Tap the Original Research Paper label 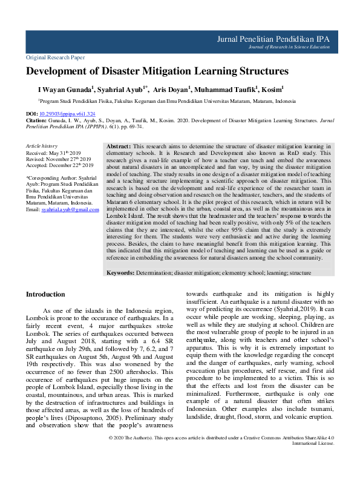pos(55,57)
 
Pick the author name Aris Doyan pos(172,89)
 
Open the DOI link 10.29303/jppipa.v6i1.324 pos(67,114)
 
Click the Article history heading pos(41,146)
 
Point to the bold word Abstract pos(118,147)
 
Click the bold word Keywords pos(120,273)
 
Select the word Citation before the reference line pos(37,120)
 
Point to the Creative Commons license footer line pos(221,471)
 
